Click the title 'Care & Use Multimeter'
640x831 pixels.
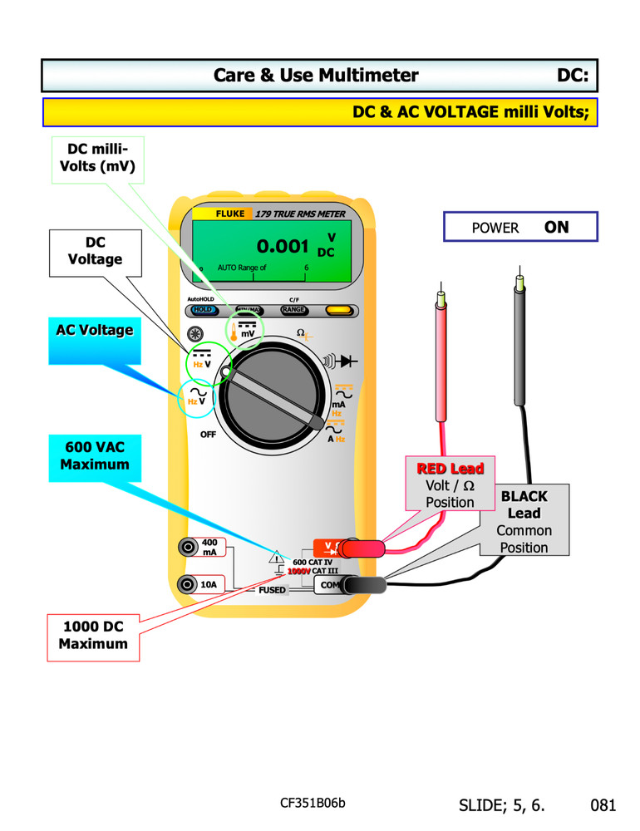click(x=316, y=76)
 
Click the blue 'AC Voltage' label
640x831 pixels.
click(x=94, y=330)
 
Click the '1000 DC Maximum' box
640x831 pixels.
click(x=93, y=636)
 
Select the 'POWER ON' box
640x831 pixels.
click(x=520, y=227)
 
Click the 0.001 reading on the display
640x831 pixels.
click(x=283, y=247)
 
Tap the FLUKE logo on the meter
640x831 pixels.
click(x=229, y=214)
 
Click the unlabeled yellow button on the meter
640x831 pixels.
click(x=337, y=310)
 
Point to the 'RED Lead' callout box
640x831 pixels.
click(x=450, y=483)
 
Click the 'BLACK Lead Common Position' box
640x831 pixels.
click(x=524, y=521)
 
